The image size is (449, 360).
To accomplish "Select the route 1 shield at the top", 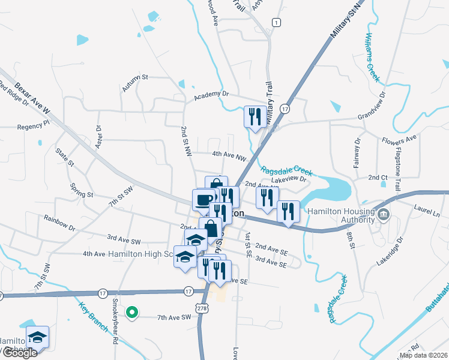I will click(x=276, y=22).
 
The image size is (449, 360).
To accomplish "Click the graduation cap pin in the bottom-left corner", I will click(x=37, y=337).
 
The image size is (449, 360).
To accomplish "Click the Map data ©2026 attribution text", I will click(x=424, y=355).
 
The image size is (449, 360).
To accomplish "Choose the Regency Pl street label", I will click(x=33, y=127).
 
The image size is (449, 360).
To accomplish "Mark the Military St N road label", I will click(x=347, y=22).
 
